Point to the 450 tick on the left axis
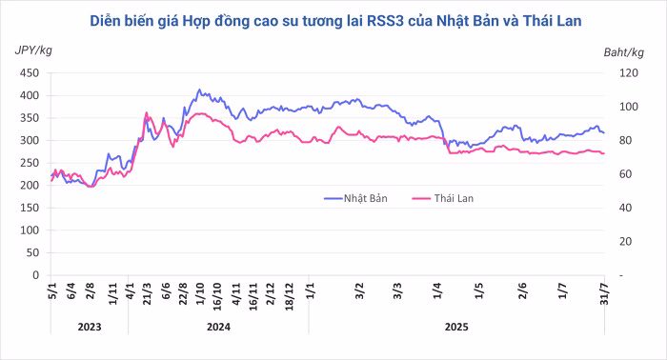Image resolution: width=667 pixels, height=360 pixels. (x=30, y=73)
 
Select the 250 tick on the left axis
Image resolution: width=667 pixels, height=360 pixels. (x=30, y=163)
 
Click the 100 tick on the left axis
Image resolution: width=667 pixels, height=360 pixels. (x=30, y=230)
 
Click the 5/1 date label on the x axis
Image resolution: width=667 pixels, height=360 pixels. (x=52, y=292)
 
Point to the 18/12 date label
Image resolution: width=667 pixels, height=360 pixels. (x=288, y=296)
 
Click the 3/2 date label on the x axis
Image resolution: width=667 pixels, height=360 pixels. (x=358, y=292)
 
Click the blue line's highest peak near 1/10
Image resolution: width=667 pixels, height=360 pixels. (x=199, y=90)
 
